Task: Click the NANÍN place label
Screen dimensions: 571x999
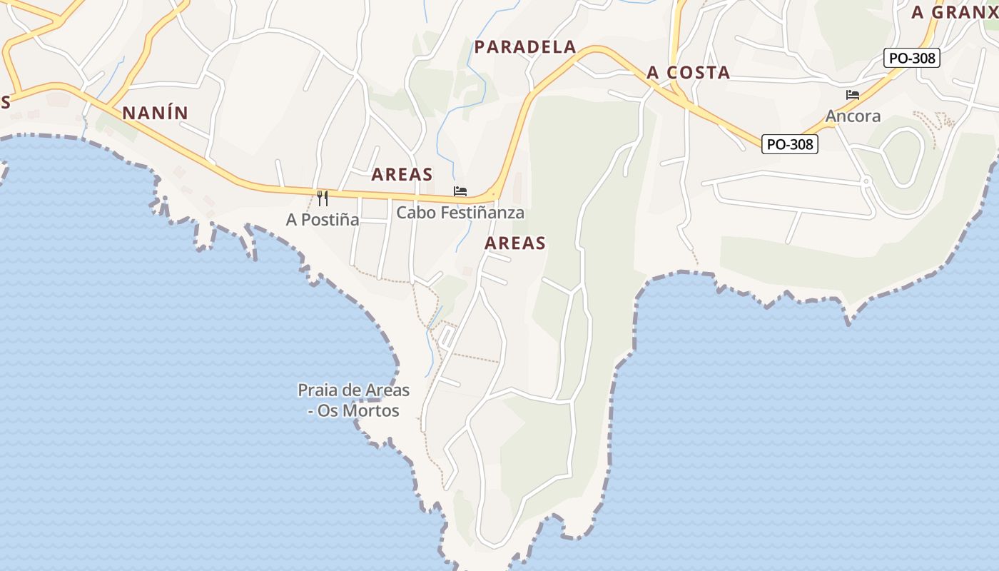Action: tap(155, 113)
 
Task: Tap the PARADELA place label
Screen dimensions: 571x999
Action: tap(525, 47)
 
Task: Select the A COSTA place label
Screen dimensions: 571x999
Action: tap(688, 72)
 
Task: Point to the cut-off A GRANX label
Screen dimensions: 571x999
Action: tap(955, 12)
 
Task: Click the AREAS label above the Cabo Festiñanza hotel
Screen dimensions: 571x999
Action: tap(402, 174)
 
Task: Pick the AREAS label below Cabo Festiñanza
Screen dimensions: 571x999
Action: tap(515, 243)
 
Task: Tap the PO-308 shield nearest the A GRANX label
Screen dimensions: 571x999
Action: tap(913, 59)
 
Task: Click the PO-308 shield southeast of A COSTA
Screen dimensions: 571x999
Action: tap(790, 144)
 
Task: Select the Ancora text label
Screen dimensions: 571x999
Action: tap(853, 116)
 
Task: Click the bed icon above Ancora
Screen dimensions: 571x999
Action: tap(852, 95)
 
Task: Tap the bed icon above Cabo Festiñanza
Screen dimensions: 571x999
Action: tap(460, 191)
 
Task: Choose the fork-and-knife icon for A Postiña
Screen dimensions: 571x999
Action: tap(323, 198)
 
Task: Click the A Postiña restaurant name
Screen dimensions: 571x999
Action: tap(323, 220)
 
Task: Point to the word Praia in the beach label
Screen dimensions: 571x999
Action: tap(318, 390)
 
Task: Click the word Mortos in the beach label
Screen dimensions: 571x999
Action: tap(371, 411)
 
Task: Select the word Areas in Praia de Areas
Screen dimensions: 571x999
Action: tap(387, 390)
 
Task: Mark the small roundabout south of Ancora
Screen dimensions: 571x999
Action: tap(866, 181)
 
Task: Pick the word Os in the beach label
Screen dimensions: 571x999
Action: tap(328, 411)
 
